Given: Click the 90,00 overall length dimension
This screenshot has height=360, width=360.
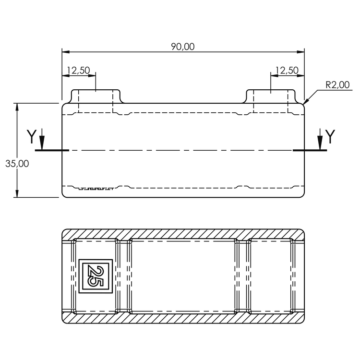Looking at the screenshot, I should tap(183, 47).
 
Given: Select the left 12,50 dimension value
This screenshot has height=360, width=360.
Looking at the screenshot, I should tap(78, 70).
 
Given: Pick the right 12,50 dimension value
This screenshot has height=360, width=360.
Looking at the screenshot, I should tap(287, 70).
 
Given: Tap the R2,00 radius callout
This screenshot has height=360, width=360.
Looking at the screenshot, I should tap(337, 85).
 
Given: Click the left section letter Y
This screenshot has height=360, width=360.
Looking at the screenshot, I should tap(31, 137).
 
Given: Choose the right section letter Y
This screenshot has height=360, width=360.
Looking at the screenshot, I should tap(331, 137).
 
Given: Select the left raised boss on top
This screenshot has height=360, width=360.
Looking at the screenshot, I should tap(96, 96).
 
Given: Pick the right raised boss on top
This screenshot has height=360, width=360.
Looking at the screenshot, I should tap(271, 96).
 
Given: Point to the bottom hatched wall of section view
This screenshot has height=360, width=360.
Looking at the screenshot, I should tap(182, 318).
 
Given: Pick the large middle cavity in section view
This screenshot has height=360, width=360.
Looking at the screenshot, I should tap(182, 276).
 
